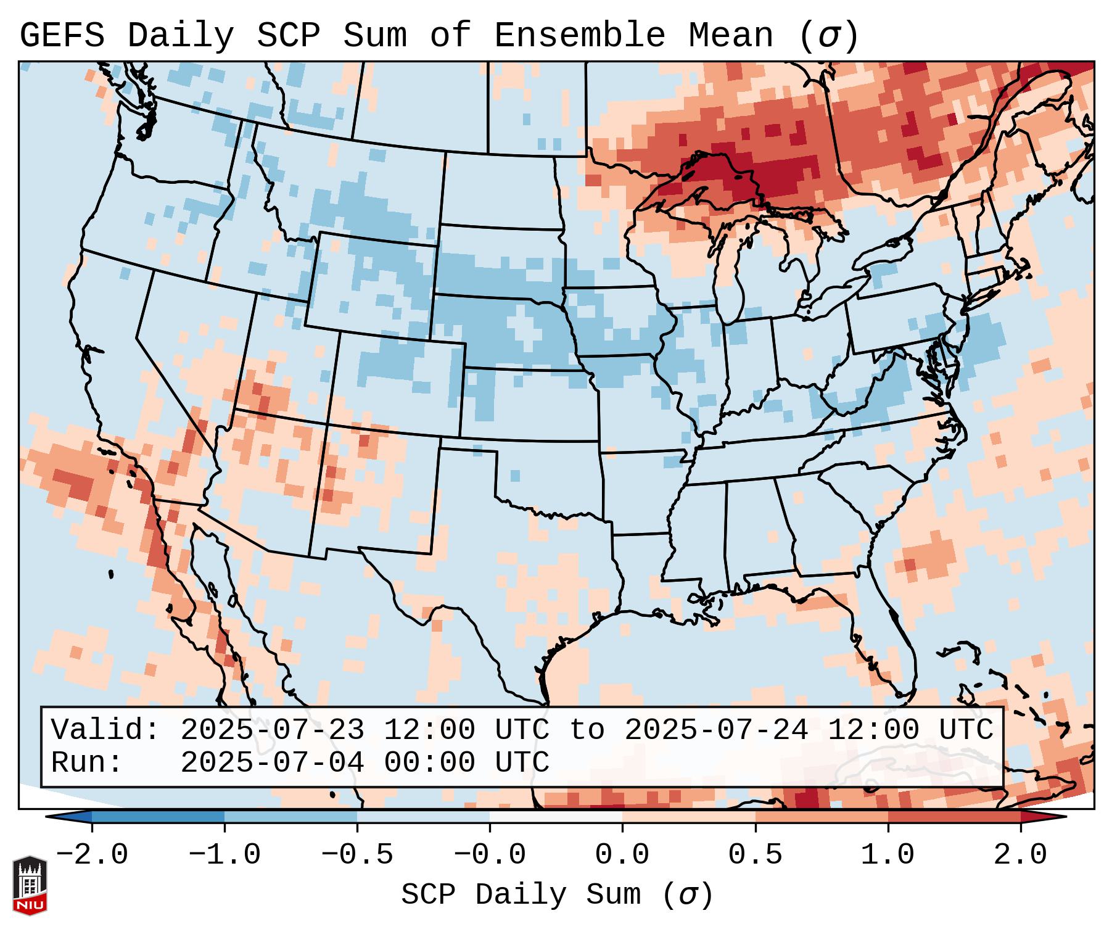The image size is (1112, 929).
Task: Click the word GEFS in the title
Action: [62, 36]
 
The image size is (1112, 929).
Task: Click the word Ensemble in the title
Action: [579, 36]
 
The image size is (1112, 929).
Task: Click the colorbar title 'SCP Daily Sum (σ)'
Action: [556, 895]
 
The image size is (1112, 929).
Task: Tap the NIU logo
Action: [30, 886]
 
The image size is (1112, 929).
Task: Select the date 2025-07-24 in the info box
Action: [716, 730]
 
